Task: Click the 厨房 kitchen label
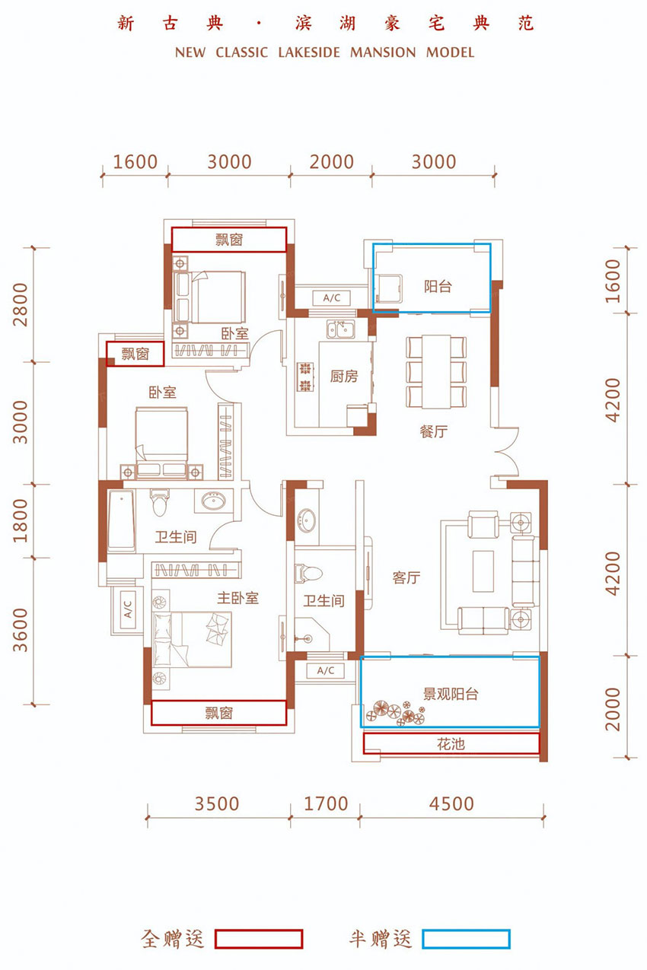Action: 344,377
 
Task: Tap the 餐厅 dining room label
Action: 433,431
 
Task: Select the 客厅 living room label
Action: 406,577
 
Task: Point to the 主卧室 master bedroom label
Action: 237,598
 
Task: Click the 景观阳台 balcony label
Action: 451,694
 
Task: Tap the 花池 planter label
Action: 451,744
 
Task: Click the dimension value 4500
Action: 451,804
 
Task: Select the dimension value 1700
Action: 326,804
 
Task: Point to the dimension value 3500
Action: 217,804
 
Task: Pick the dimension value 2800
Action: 21,304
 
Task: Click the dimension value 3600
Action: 21,630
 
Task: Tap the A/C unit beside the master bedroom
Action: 127,609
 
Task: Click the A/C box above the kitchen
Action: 332,298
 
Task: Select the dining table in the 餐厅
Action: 436,371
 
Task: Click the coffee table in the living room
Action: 483,571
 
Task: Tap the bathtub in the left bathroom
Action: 121,520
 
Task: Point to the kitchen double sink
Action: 340,329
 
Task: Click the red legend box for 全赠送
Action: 259,939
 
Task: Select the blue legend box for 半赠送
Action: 467,939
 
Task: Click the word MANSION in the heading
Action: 383,52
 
